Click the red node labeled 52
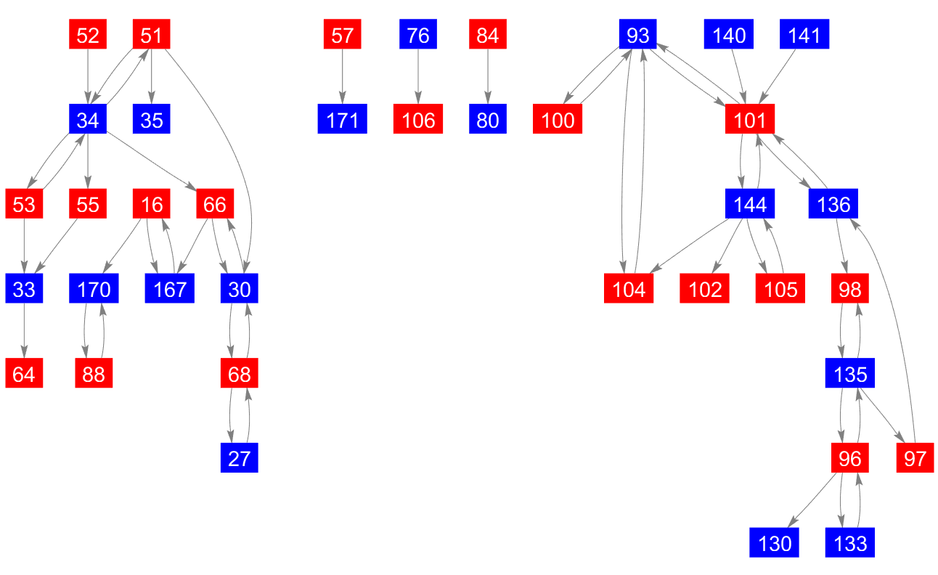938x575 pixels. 88,36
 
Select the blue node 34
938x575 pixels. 88,120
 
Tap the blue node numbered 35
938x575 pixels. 151,120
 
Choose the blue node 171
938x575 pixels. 342,120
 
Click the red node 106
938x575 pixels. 418,120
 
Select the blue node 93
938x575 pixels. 637,36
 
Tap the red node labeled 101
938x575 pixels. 749,120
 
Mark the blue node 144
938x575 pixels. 749,205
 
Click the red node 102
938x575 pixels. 705,290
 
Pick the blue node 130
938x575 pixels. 775,543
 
